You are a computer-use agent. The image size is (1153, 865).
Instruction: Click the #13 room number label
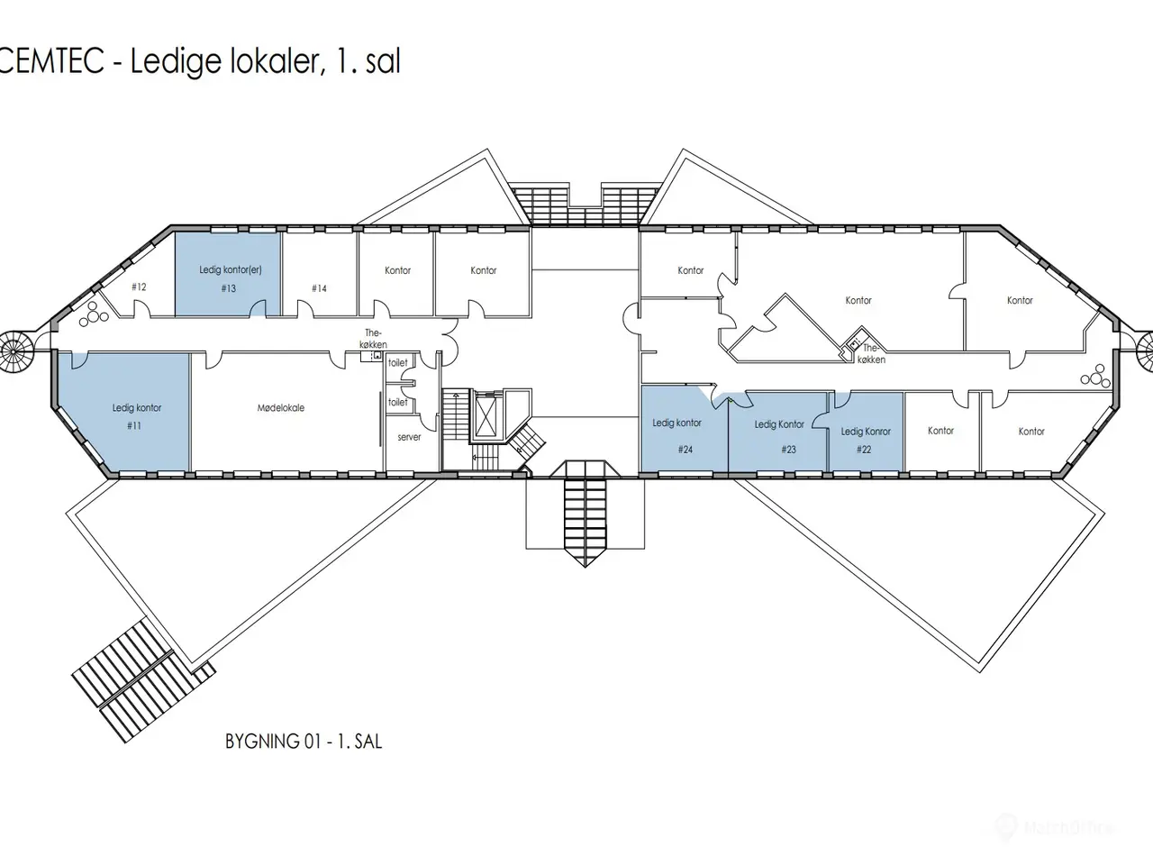[229, 288]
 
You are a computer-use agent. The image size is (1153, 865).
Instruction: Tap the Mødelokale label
[280, 407]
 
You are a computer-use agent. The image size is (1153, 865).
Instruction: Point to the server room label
[409, 437]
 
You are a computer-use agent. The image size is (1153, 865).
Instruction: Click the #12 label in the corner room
[139, 287]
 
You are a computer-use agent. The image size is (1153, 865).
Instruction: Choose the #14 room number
[319, 288]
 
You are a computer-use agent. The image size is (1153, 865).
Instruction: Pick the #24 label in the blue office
[685, 450]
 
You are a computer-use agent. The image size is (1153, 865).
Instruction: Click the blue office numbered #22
[866, 432]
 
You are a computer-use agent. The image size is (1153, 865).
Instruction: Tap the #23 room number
[788, 450]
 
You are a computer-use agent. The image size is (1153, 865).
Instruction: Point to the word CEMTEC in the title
[51, 61]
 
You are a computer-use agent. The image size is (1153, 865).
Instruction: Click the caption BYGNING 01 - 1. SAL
[304, 741]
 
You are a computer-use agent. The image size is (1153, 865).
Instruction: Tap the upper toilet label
[397, 363]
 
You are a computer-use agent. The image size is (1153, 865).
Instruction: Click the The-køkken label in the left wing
[374, 339]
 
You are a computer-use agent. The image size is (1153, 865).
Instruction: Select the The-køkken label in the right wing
[871, 354]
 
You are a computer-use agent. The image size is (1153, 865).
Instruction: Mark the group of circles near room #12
[94, 314]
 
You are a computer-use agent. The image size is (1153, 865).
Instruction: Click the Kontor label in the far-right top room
[1020, 300]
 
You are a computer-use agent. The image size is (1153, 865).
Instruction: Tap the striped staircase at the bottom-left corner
[143, 680]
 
